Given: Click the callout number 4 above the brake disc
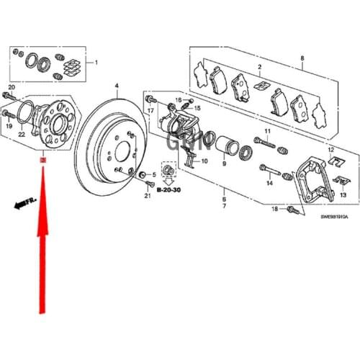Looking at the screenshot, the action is coord(116,86).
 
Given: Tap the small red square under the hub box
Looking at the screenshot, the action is coord(42,160).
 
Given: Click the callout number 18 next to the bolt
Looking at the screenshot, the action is coord(274,209).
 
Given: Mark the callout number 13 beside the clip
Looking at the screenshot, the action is coord(343,194).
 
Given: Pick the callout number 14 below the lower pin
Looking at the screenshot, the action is coord(269,184).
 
